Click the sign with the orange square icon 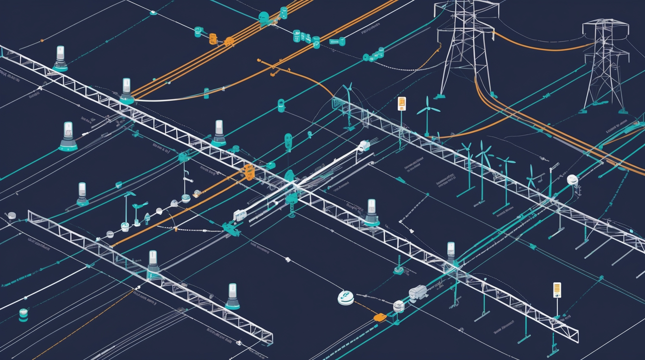coord(402,103)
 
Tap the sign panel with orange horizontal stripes coord(557,290)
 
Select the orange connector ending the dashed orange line coord(379,317)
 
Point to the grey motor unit coord(418,293)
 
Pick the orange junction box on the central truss coord(248,171)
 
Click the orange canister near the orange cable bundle coord(212,38)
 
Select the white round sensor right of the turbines coord(572,180)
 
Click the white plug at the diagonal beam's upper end coord(364,145)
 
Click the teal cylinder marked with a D coord(316,42)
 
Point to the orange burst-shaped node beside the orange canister coord(229,41)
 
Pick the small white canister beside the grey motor coord(399,306)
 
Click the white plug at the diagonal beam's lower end coord(240,215)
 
